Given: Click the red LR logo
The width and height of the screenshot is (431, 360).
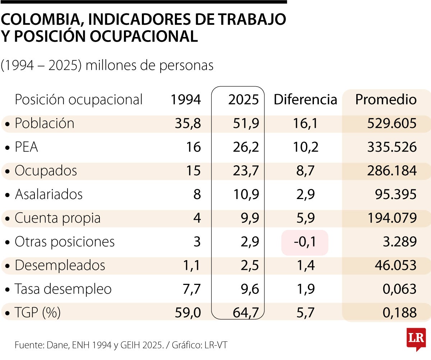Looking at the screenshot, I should coord(416,339).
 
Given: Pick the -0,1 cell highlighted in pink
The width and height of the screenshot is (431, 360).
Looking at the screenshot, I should coord(305,242).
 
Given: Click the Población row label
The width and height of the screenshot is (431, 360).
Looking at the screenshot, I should coord(44,124).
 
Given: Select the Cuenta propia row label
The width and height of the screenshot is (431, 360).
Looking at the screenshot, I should coord(57,218).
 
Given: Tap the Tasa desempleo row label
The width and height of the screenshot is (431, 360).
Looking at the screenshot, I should coord(63,289).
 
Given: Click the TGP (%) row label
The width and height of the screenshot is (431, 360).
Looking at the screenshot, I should coord(37,313).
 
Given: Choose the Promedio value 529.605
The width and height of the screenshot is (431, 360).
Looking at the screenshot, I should coord(391,124).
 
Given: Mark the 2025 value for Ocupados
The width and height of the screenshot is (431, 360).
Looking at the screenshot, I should coord(246,171).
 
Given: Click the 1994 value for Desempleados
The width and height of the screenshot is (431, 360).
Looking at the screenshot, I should coord(191,266).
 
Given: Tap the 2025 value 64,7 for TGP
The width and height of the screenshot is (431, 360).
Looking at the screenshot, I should coord(246,313).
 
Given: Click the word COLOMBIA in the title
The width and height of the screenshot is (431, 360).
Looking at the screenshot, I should coord(42,19).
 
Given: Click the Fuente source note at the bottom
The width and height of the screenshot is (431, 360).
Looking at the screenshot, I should coord(121,345).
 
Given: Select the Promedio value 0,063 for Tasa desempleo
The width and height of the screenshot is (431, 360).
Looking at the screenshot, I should coord(399,289).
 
